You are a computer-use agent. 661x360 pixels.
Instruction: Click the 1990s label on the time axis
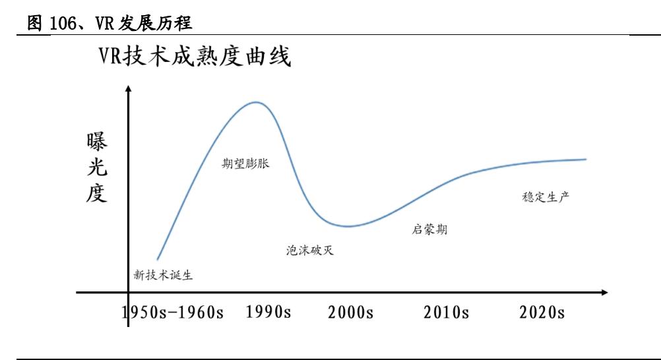(x=268, y=312)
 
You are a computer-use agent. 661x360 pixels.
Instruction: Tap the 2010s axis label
(x=447, y=313)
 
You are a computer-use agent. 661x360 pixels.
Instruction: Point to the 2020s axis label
(x=542, y=313)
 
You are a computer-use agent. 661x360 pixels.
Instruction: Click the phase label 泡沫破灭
(x=305, y=251)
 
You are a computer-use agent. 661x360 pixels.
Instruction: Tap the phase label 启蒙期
(x=429, y=229)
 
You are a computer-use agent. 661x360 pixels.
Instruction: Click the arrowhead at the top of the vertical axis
(x=128, y=88)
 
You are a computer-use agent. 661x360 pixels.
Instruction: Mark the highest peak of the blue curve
(x=254, y=102)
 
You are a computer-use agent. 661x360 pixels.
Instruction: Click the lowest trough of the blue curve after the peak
(x=349, y=226)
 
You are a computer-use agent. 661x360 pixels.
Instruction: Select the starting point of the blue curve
(x=157, y=260)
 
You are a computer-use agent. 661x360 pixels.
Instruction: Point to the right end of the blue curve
(x=585, y=159)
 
